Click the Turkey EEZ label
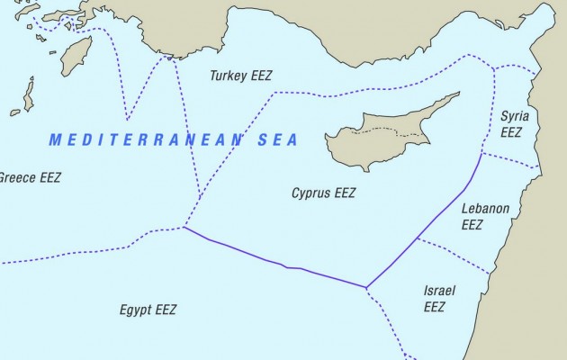[x=241, y=76]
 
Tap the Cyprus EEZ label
[x=324, y=193]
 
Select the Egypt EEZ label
[x=148, y=310]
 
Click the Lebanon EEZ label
[x=485, y=216]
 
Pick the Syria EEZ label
[x=513, y=123]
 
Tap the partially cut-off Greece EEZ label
[x=29, y=177]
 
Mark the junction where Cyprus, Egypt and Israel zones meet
[x=366, y=288]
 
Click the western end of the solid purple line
[x=184, y=228]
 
